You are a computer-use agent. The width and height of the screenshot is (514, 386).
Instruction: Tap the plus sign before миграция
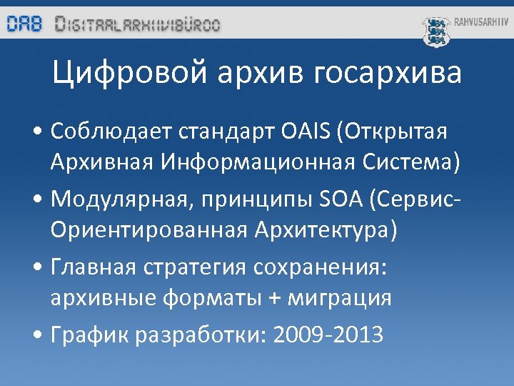274,298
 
